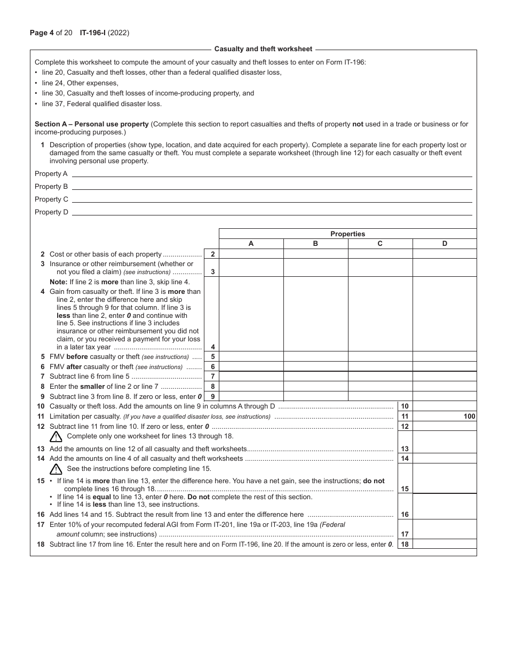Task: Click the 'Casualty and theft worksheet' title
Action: click(263, 49)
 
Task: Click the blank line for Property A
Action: click(272, 173)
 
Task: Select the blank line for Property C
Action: click(272, 199)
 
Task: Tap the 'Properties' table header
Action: click(347, 234)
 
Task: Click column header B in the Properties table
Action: click(315, 244)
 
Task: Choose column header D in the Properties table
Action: click(445, 244)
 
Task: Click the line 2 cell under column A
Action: click(251, 254)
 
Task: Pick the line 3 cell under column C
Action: click(380, 268)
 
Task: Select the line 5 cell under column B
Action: click(315, 356)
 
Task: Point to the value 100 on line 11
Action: click(470, 417)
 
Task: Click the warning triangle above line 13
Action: click(56, 437)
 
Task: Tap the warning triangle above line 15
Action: click(56, 469)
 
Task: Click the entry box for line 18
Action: click(445, 545)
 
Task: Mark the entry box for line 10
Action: click(445, 406)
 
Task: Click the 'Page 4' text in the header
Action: click(42, 33)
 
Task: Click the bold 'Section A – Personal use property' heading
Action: click(92, 124)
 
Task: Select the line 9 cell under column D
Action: click(445, 396)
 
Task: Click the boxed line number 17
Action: click(405, 534)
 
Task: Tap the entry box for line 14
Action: click(445, 458)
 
